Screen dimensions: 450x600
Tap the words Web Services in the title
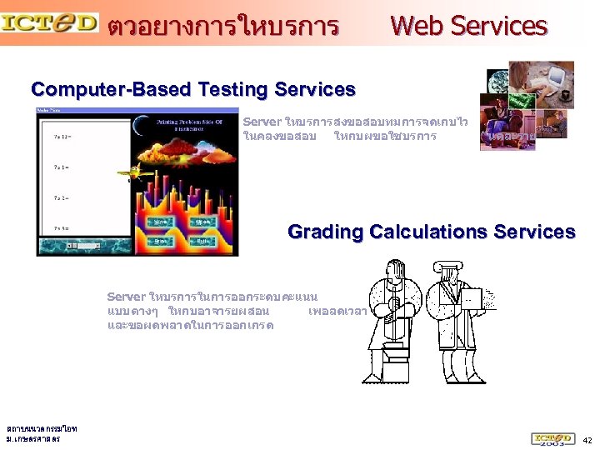point(469,26)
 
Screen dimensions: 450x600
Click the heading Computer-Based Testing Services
point(192,89)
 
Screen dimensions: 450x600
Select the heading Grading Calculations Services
point(431,232)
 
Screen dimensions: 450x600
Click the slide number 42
point(587,439)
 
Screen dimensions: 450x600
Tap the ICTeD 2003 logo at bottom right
point(552,438)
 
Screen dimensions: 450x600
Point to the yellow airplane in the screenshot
point(128,173)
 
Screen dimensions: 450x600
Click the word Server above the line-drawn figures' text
point(126,297)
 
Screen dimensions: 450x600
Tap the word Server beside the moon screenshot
point(262,122)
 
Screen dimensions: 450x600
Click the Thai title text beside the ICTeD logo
point(223,27)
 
